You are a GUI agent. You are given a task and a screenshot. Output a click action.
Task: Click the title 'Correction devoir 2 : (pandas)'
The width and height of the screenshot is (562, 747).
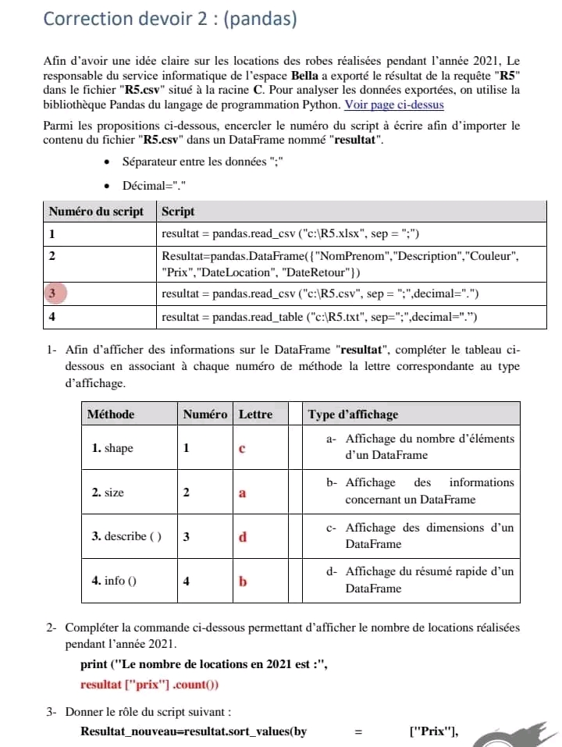(x=169, y=19)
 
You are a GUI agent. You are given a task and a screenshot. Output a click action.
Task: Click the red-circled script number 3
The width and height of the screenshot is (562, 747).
(x=52, y=293)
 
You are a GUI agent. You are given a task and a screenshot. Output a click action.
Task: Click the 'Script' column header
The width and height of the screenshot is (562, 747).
(x=178, y=212)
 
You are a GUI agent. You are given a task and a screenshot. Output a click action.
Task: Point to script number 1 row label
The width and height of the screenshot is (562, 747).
(x=52, y=233)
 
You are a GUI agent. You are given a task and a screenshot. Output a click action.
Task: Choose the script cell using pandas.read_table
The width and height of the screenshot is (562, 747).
(x=318, y=317)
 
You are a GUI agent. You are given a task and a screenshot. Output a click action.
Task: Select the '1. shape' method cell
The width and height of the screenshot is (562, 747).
(x=112, y=448)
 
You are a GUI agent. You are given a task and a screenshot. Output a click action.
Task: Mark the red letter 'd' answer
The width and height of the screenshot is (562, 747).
(x=242, y=537)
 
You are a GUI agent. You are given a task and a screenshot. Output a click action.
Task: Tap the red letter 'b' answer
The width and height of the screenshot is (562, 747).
(x=242, y=582)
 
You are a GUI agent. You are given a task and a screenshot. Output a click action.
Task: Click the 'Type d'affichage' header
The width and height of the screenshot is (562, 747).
(x=353, y=414)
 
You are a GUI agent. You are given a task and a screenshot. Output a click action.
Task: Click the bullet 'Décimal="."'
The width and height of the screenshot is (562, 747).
(x=155, y=186)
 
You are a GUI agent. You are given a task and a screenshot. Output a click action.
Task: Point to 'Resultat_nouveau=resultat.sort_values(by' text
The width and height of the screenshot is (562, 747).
(x=194, y=731)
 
